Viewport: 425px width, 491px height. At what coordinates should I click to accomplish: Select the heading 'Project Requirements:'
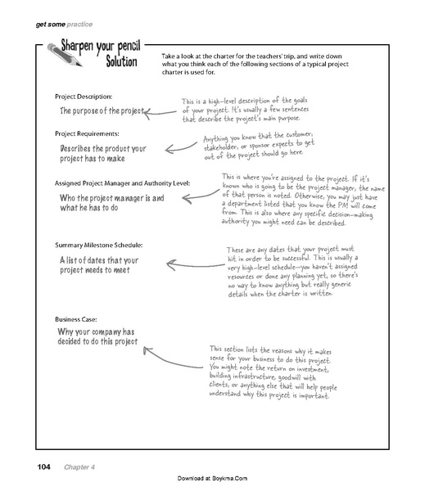click(91, 133)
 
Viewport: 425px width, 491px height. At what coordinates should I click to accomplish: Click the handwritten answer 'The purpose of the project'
click(100, 110)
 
